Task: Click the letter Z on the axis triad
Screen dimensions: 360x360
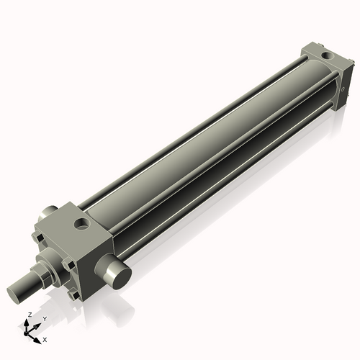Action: (30, 315)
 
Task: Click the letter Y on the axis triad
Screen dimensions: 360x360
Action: (45, 319)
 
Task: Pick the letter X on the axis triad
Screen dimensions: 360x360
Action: (45, 338)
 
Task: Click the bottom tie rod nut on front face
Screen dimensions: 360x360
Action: (72, 294)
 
